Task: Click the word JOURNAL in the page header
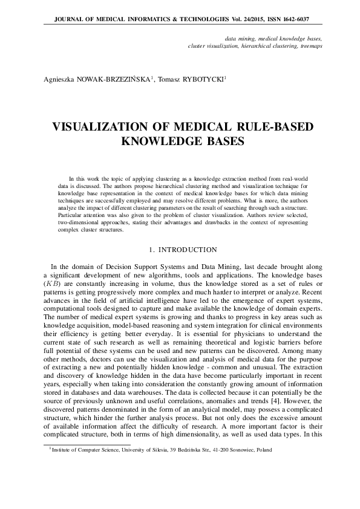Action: (x=68, y=19)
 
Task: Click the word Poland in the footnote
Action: (x=264, y=450)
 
